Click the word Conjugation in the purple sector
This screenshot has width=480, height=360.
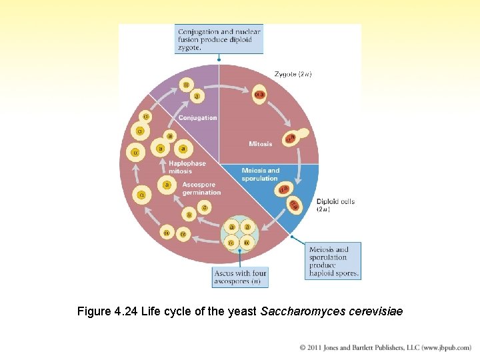[x=197, y=118]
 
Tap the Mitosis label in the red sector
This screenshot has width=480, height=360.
[x=260, y=144]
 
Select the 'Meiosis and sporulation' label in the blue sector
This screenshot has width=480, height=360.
[x=260, y=174]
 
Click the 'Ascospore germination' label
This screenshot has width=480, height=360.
[x=201, y=189]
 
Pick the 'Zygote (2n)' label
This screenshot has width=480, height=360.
[x=293, y=74]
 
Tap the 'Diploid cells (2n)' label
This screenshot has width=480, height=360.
[x=335, y=205]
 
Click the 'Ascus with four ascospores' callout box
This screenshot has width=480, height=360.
[x=241, y=277]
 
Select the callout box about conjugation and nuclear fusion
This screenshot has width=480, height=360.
[x=219, y=39]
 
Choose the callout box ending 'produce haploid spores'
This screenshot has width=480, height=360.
[x=334, y=261]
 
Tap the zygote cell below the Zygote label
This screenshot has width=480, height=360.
[x=260, y=95]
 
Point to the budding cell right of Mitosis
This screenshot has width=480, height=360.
[x=294, y=137]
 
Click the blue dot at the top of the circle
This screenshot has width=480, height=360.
[x=219, y=59]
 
